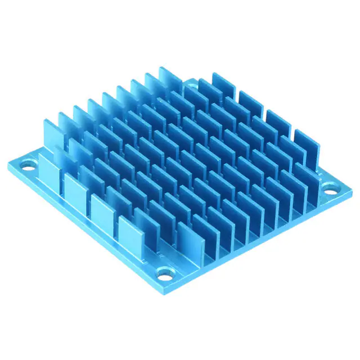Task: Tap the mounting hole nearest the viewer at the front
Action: pos(164,276)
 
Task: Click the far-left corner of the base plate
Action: pos(8,163)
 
